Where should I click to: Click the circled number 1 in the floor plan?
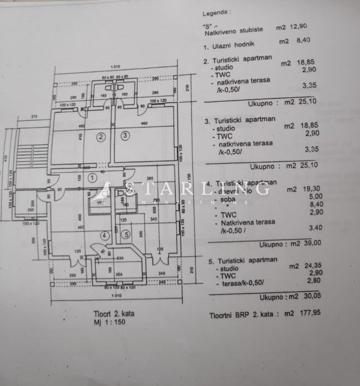click(x=93, y=177)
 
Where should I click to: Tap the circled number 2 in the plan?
click(x=101, y=136)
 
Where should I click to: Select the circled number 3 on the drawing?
click(x=125, y=135)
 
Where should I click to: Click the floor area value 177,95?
click(x=311, y=314)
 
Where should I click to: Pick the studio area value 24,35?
click(x=312, y=266)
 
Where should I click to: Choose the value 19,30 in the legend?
click(x=312, y=190)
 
